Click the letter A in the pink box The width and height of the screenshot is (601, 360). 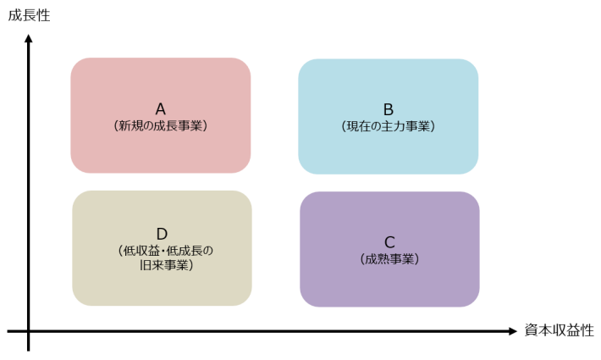click(161, 109)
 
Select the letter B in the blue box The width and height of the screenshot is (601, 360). click(389, 109)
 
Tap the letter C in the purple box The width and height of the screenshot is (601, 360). click(389, 242)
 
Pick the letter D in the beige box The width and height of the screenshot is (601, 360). click(163, 234)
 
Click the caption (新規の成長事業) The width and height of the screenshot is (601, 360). click(161, 125)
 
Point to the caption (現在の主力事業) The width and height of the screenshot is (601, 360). click(389, 126)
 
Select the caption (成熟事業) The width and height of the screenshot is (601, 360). click(389, 259)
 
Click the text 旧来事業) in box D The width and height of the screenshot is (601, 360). click(166, 265)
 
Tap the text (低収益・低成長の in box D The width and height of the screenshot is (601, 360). click(166, 251)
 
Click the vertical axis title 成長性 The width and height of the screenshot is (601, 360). click(29, 16)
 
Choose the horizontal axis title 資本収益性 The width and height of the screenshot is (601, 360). click(559, 330)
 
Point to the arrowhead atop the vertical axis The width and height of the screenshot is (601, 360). click(29, 38)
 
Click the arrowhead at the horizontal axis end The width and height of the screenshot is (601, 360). click(513, 331)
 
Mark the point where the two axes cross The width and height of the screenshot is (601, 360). click(29, 331)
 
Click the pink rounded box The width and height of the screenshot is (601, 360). click(161, 115)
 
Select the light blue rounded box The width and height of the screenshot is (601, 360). click(389, 117)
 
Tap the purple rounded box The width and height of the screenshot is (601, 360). click(390, 249)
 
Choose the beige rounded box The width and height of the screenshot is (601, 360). click(163, 248)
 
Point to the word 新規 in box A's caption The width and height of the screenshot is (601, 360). click(130, 125)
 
